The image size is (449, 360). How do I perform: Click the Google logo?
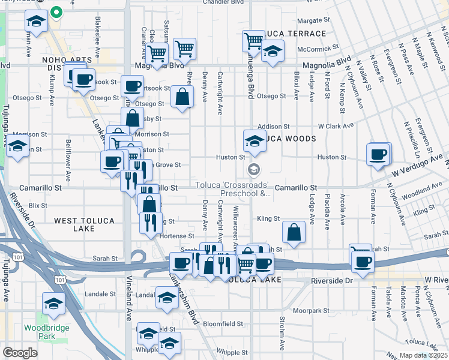pos(20,353)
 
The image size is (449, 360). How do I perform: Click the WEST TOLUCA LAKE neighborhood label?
pos(84,221)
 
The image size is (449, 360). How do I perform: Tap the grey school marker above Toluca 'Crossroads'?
pos(254,170)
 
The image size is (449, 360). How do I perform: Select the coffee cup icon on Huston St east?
pos(378,154)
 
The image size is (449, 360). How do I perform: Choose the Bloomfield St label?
pos(223,324)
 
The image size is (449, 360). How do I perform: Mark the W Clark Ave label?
pos(336,127)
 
